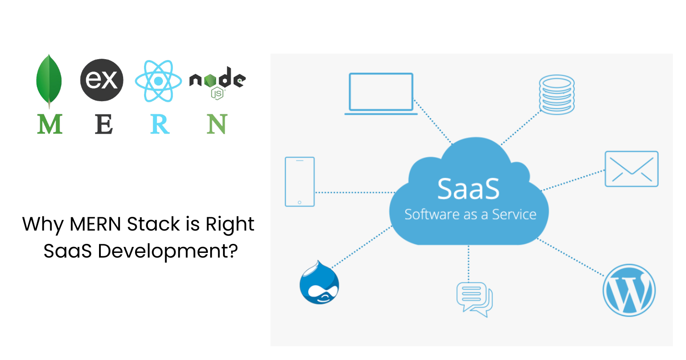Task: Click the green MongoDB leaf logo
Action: click(49, 80)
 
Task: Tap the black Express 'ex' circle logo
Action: click(102, 80)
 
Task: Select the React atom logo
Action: click(158, 81)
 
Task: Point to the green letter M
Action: click(50, 124)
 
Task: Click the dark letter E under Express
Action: click(104, 124)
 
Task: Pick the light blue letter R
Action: click(160, 124)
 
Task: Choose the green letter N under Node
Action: click(217, 124)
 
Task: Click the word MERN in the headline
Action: click(95, 224)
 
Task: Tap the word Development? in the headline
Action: click(168, 251)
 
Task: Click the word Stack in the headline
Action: click(153, 224)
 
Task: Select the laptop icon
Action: click(381, 93)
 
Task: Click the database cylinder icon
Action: click(557, 95)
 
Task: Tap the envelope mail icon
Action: click(631, 169)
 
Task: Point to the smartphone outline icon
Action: click(300, 182)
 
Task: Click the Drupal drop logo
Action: click(319, 284)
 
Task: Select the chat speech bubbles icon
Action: click(474, 299)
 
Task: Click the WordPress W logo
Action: click(629, 290)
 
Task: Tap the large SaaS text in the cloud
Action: click(468, 189)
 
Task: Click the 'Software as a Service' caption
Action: click(470, 214)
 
